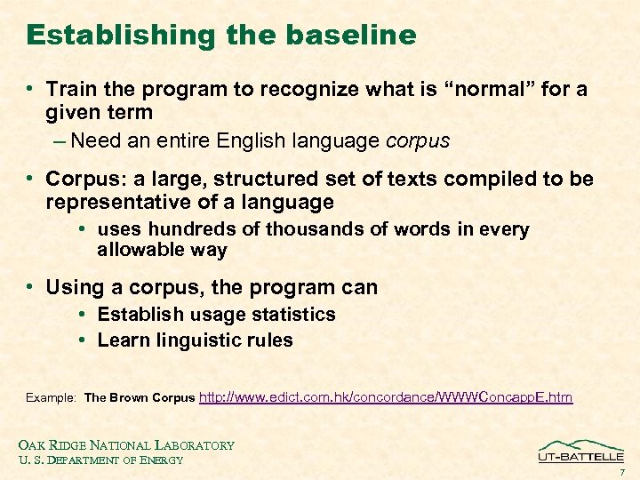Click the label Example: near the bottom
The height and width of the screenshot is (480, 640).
pos(52,398)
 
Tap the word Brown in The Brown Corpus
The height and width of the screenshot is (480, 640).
pos(129,398)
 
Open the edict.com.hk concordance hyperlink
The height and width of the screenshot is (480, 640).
pos(386,397)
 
